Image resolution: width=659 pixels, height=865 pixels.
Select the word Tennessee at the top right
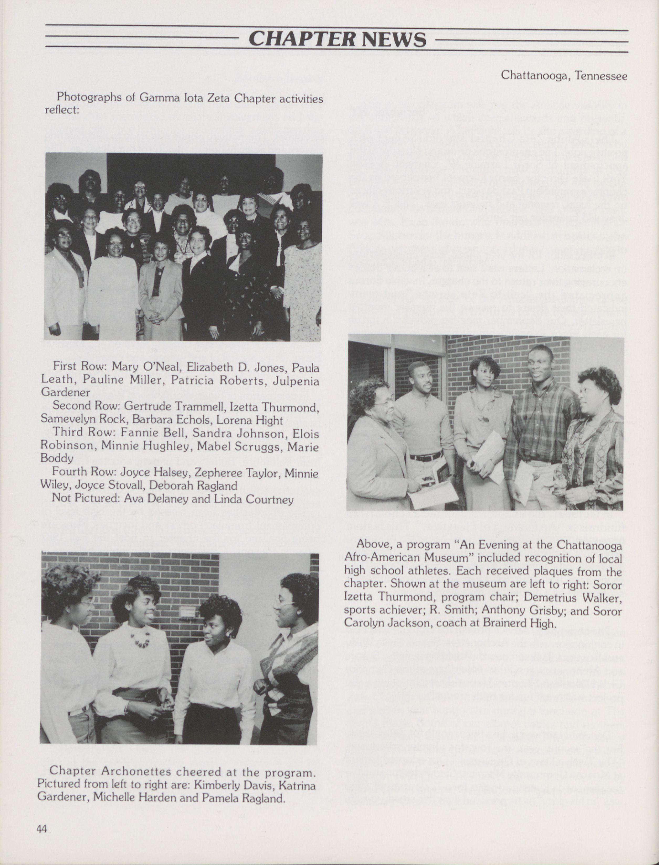click(x=601, y=75)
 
